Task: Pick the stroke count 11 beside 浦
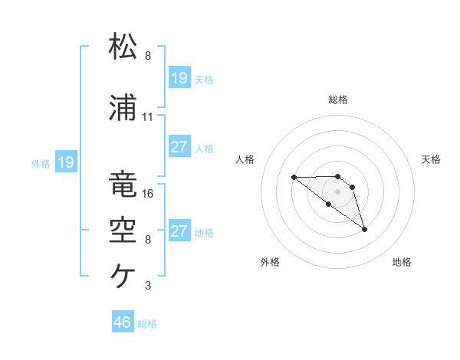pyautogui.click(x=148, y=117)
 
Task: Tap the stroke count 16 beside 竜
pyautogui.click(x=148, y=194)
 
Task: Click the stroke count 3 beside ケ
pyautogui.click(x=147, y=286)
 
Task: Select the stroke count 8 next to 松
pyautogui.click(x=147, y=56)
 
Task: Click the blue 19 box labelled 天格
pyautogui.click(x=179, y=77)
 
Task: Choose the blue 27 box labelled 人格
pyautogui.click(x=179, y=147)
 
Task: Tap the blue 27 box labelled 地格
pyautogui.click(x=179, y=231)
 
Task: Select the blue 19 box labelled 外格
pyautogui.click(x=65, y=162)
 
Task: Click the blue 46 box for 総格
pyautogui.click(x=123, y=322)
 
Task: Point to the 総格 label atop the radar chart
pyautogui.click(x=338, y=100)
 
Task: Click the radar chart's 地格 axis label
pyautogui.click(x=402, y=262)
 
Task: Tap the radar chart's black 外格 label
pyautogui.click(x=270, y=262)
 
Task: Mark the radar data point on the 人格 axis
pyautogui.click(x=294, y=178)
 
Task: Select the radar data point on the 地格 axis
pyautogui.click(x=364, y=229)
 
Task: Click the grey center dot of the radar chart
pyautogui.click(x=337, y=191)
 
